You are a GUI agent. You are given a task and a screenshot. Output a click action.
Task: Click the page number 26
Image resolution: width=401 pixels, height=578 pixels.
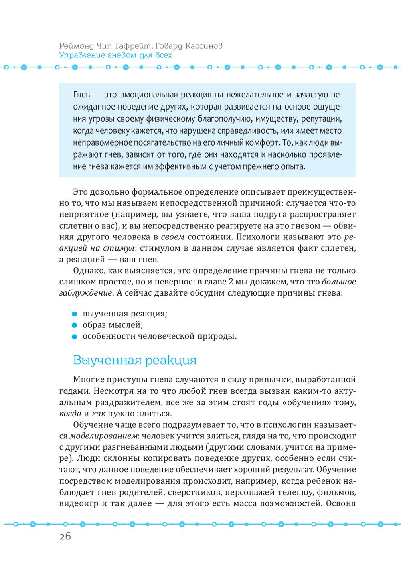[65, 536]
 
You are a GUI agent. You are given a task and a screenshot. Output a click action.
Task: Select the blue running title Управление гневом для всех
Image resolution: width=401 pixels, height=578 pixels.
[115, 55]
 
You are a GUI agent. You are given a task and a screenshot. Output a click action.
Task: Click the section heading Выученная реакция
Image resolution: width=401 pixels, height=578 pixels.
[135, 360]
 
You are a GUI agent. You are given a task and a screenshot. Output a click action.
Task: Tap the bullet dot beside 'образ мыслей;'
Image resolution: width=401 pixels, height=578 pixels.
[74, 325]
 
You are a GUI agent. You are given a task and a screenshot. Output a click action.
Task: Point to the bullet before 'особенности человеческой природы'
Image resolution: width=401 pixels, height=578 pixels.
[74, 337]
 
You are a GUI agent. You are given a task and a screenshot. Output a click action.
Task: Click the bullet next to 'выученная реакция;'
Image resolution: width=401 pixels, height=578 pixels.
[74, 314]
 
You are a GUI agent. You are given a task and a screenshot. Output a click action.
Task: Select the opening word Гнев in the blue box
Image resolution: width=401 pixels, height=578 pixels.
[81, 95]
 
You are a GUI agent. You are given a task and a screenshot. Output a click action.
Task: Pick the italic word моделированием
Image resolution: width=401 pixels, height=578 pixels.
[104, 436]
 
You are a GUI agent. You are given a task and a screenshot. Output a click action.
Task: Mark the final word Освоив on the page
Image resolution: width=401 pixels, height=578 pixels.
[341, 503]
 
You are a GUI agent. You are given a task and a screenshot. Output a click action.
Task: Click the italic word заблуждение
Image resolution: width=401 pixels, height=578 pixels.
[85, 293]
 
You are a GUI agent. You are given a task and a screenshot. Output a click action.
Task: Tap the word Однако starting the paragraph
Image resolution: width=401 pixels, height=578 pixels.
[89, 271]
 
